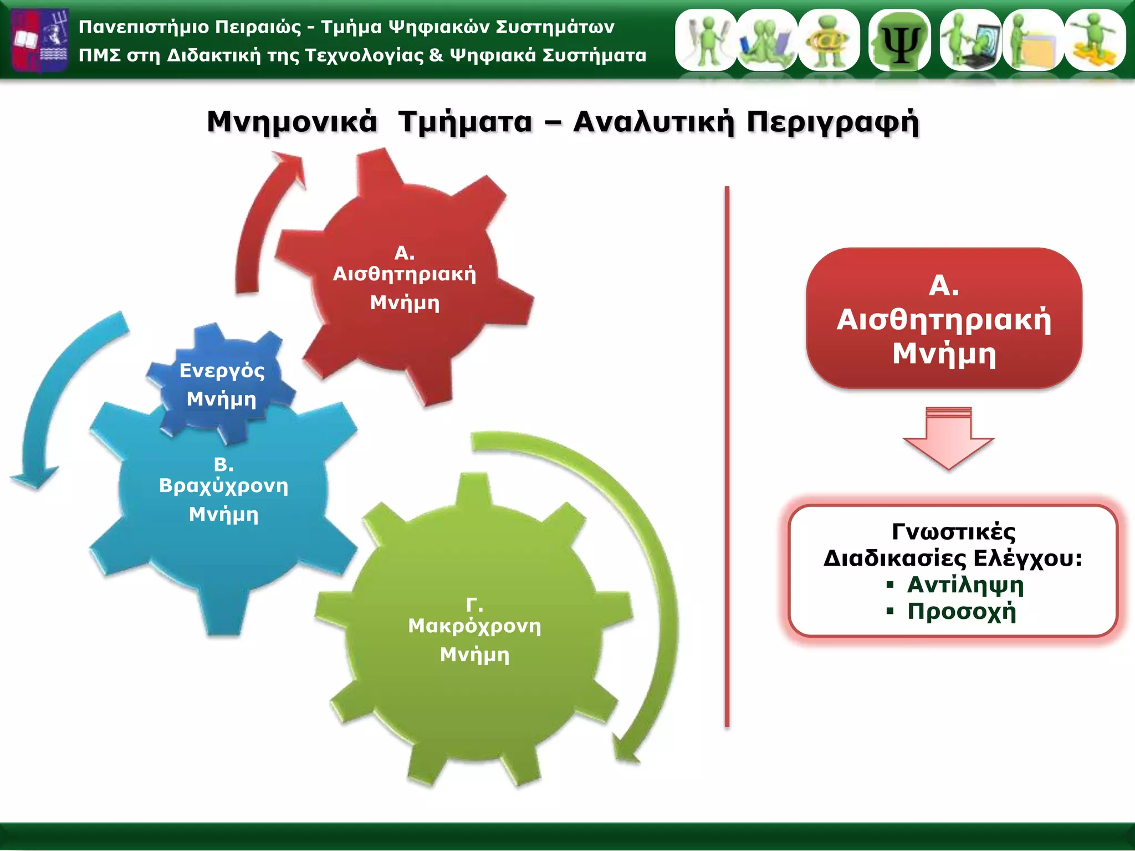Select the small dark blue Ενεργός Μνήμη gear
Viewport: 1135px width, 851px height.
[222, 382]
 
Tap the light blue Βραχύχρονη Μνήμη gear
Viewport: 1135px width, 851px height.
[222, 499]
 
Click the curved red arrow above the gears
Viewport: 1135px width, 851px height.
[260, 222]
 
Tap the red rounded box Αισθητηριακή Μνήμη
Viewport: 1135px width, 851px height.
[944, 319]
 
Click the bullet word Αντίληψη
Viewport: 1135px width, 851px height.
[965, 585]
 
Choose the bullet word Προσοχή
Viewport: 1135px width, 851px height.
[962, 612]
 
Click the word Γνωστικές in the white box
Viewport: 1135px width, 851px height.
[954, 532]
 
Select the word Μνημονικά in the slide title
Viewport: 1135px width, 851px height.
[292, 122]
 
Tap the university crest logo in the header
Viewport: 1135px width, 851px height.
[40, 40]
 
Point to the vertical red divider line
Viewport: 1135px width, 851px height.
[727, 454]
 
